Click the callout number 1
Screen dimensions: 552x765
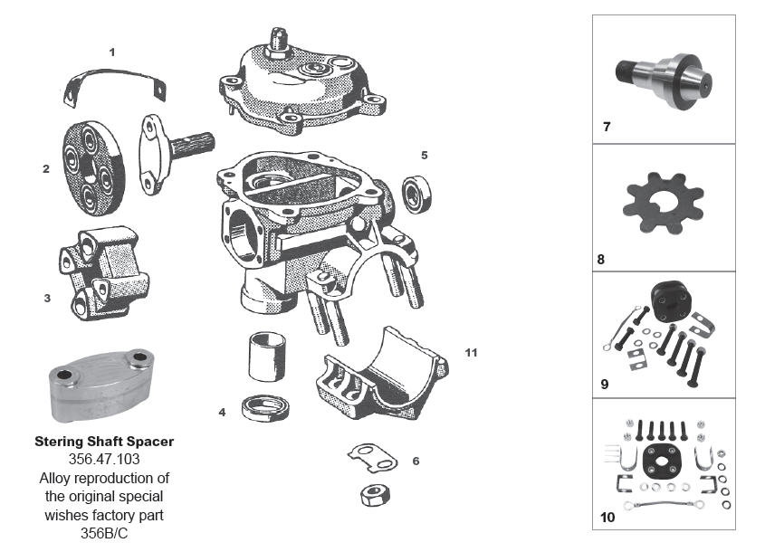[x=111, y=52]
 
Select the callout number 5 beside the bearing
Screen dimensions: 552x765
[x=424, y=155]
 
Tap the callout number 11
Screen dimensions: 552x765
[x=471, y=351]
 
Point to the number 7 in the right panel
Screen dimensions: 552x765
[x=607, y=127]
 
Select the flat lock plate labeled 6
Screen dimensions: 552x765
[x=373, y=457]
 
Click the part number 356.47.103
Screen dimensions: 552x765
[x=104, y=460]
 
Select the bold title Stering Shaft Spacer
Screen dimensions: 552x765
[x=104, y=443]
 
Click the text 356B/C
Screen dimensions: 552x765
[x=104, y=532]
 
